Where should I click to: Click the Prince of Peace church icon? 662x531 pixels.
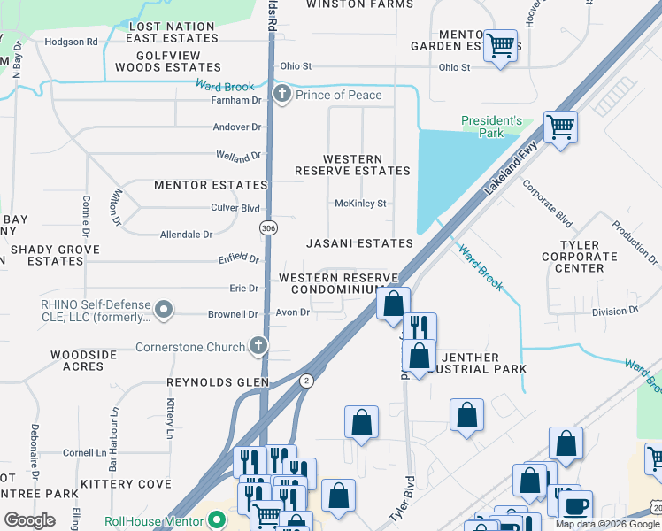[x=282, y=95]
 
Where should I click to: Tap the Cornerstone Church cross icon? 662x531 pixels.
[x=257, y=346]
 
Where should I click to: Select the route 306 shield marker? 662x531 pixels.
[x=267, y=228]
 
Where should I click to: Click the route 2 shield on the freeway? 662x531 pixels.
[x=306, y=380]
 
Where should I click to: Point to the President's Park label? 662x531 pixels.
[x=492, y=127]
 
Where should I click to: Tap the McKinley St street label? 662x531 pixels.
[x=360, y=204]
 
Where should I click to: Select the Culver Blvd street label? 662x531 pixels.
[x=238, y=208]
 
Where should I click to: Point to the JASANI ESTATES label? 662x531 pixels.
[x=359, y=242]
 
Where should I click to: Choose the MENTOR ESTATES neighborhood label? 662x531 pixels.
[x=211, y=185]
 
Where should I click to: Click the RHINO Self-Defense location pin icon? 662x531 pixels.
[x=163, y=310]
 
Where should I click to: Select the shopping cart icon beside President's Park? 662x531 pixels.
[x=560, y=127]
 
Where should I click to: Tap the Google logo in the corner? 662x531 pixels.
[x=29, y=519]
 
